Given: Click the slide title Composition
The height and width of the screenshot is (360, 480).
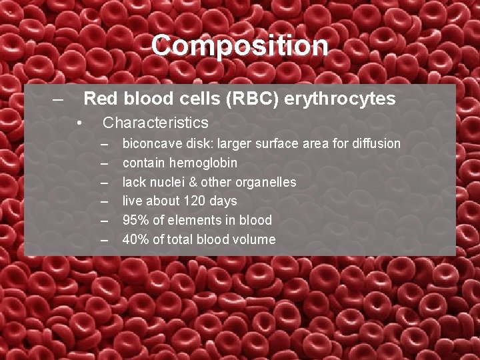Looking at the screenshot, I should (239, 46).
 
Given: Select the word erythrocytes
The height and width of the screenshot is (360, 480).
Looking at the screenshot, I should (339, 99).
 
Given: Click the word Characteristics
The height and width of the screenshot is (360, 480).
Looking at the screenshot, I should (155, 123).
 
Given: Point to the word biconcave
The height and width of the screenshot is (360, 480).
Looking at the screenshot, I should (148, 144).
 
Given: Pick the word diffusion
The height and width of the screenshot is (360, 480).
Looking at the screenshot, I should (375, 144).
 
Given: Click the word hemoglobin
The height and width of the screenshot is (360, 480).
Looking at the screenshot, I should (204, 163).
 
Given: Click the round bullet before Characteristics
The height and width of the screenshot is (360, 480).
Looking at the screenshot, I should (79, 123).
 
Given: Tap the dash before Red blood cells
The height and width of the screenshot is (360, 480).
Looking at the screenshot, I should (59, 99).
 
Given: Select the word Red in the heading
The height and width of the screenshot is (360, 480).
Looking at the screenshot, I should (98, 99).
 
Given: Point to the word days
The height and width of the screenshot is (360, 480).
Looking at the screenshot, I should (223, 201).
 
